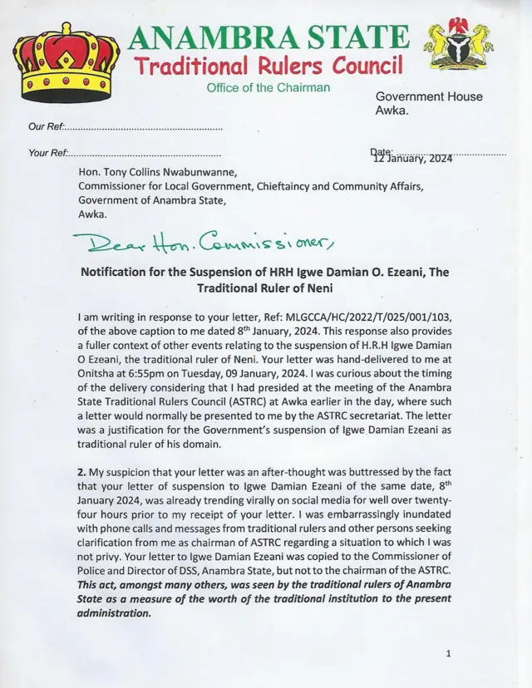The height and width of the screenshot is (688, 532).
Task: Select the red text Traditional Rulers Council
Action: click(x=269, y=65)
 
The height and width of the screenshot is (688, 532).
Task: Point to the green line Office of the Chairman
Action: click(x=268, y=88)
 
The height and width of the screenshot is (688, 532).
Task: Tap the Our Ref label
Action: click(x=45, y=127)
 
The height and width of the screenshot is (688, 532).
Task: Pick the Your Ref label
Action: click(x=47, y=154)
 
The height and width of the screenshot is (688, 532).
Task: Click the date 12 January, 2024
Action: click(x=413, y=158)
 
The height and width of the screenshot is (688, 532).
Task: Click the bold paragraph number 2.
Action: click(x=80, y=472)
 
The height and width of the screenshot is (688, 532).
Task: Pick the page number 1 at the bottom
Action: click(x=448, y=655)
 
